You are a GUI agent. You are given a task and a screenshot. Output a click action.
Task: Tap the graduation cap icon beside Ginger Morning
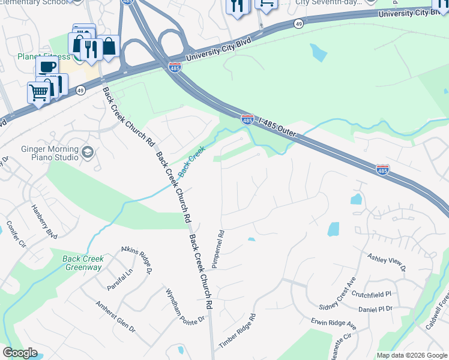[x=88, y=151]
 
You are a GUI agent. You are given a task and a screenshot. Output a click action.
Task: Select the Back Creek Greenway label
[x=83, y=263]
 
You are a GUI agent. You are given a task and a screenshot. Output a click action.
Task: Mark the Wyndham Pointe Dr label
[x=185, y=307]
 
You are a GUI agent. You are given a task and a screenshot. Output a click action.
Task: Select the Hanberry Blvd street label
[x=44, y=222]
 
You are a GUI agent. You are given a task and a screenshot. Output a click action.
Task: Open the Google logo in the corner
[x=20, y=353]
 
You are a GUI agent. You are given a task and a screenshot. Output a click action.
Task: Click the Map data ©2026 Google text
[x=411, y=355]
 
